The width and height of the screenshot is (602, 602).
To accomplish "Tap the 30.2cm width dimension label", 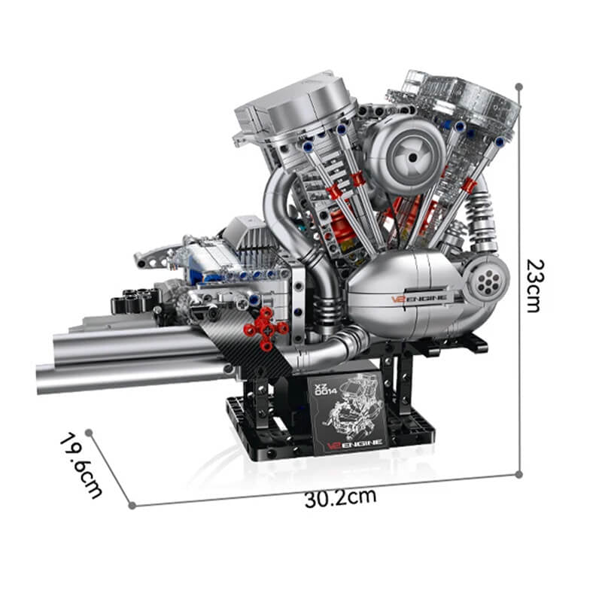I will (x=340, y=497).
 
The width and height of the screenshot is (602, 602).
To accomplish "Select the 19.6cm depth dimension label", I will (x=81, y=465).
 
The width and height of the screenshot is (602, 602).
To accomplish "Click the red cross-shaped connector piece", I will (x=265, y=329).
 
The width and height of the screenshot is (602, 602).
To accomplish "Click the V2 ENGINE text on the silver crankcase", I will (x=418, y=297).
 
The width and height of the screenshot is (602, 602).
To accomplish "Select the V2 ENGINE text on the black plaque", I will (x=356, y=443).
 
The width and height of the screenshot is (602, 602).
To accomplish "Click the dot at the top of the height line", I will (x=518, y=87).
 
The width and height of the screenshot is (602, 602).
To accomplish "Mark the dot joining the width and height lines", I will (x=518, y=474).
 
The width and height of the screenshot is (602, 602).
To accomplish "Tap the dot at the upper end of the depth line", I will (x=89, y=433).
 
